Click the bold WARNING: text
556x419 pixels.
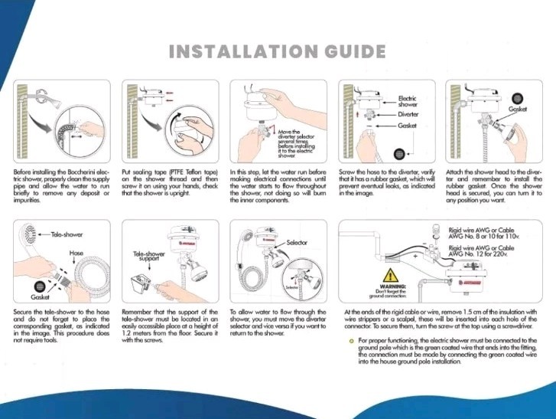(389, 286)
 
